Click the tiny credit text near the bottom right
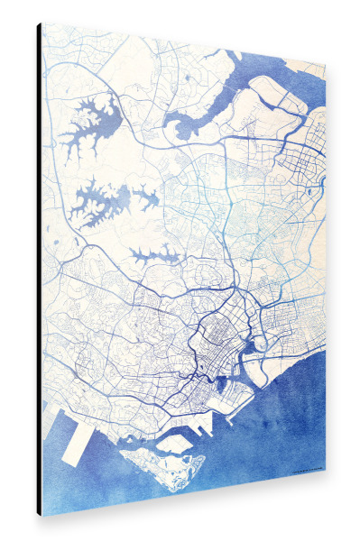(307, 472)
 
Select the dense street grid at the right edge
(307, 162)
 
